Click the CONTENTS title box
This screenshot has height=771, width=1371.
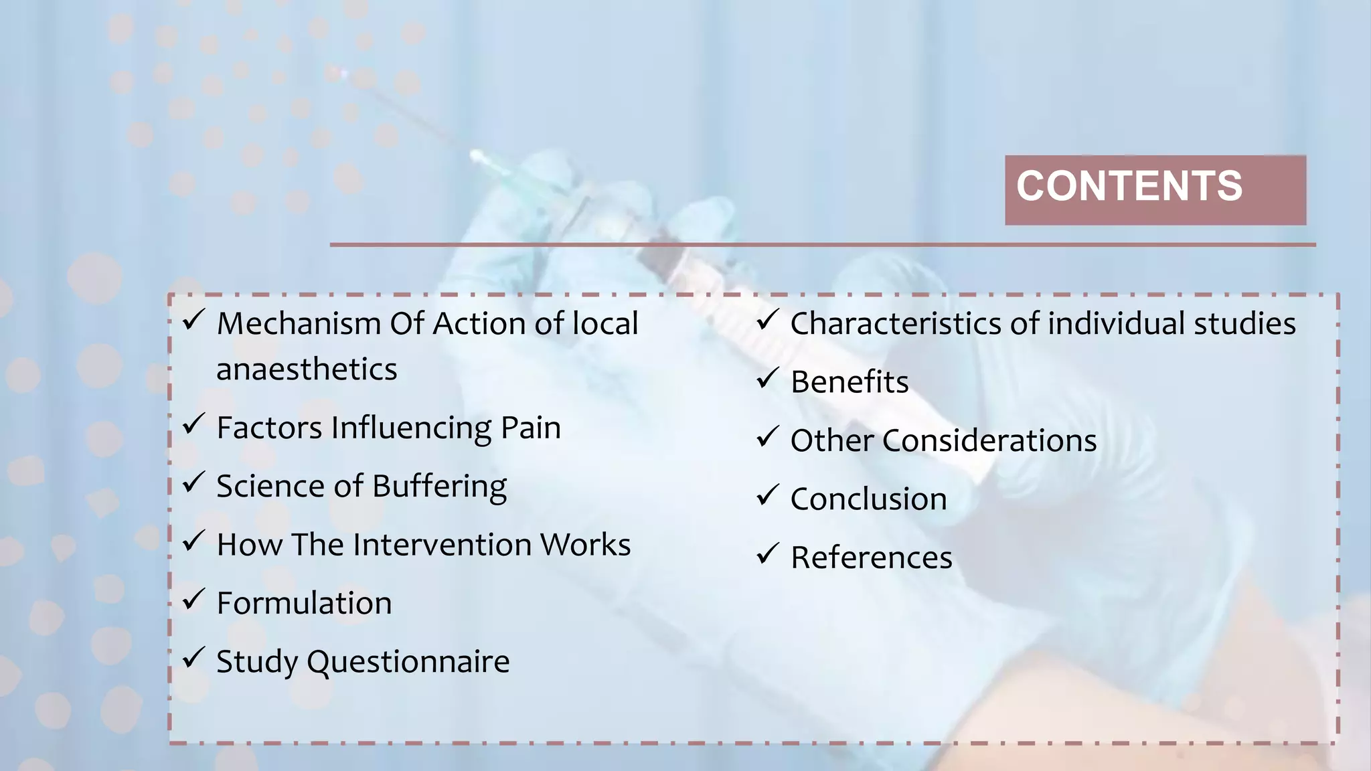(1155, 189)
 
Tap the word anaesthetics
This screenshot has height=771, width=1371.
(307, 369)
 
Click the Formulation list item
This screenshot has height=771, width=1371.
(304, 603)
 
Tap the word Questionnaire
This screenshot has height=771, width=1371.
(408, 662)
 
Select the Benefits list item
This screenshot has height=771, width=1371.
(849, 382)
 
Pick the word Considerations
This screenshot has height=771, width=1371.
(989, 441)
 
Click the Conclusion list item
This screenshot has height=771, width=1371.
(868, 499)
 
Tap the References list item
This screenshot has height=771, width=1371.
(871, 558)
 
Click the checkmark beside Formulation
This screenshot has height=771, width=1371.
(193, 598)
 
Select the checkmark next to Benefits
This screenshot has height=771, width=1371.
(767, 378)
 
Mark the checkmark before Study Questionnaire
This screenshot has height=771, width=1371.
(193, 657)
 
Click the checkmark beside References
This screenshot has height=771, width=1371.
(767, 553)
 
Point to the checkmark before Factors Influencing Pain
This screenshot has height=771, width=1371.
(193, 423)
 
